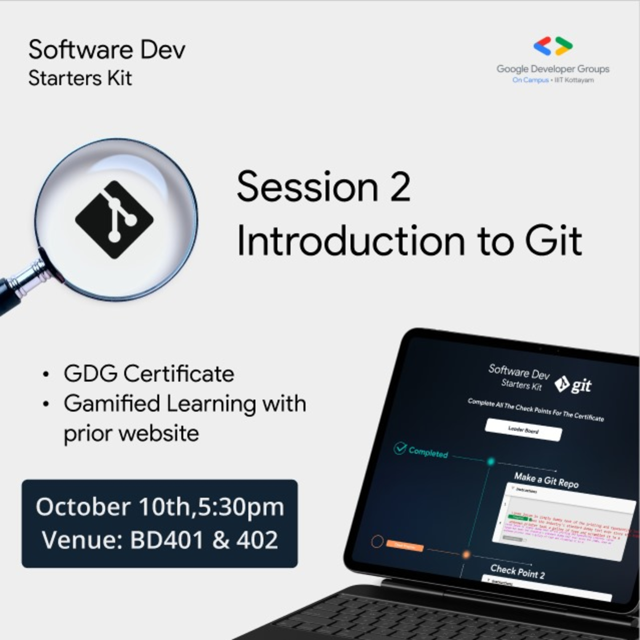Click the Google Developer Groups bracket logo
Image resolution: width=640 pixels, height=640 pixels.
(553, 46)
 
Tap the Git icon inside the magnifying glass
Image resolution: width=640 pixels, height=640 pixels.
(114, 220)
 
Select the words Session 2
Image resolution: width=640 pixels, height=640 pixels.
(324, 187)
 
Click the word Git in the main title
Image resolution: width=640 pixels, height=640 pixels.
(553, 241)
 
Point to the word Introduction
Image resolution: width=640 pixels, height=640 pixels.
(351, 241)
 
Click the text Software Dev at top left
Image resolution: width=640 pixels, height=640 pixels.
(107, 50)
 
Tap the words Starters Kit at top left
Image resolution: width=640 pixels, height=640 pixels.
(80, 79)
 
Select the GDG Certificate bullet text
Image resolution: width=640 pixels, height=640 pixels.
(149, 374)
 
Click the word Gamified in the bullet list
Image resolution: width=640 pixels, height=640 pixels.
(112, 404)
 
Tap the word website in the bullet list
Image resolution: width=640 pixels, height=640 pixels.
(159, 433)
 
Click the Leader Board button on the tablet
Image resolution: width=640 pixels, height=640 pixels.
(523, 430)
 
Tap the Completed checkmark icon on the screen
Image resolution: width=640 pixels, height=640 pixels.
(400, 448)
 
